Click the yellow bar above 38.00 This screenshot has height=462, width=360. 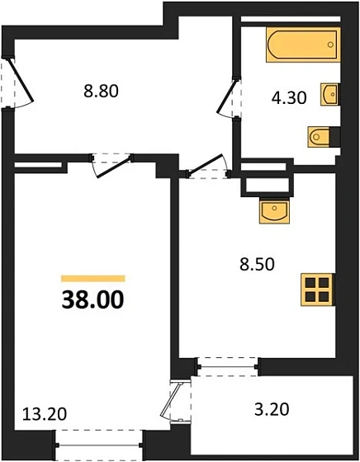click(92, 279)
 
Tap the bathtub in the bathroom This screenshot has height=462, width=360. click(302, 45)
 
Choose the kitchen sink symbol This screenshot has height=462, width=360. click(274, 212)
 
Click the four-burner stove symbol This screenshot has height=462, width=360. click(316, 290)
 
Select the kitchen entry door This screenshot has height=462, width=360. click(207, 167)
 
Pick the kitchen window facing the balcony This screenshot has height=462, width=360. click(228, 365)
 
